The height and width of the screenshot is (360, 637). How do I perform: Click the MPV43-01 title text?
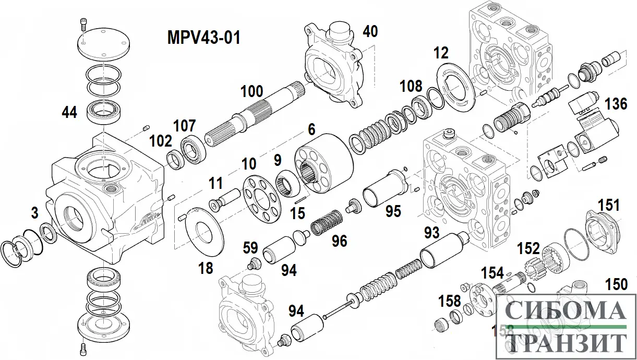(x=203, y=37)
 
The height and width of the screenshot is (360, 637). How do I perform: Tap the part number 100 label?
(x=251, y=92)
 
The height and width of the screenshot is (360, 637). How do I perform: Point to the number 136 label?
(x=616, y=104)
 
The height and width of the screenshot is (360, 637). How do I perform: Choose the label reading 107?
(x=185, y=126)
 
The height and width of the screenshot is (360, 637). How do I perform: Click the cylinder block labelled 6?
(x=324, y=157)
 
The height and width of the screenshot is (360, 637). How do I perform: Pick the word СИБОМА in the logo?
(x=566, y=311)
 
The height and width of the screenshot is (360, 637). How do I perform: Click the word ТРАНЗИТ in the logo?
(x=566, y=342)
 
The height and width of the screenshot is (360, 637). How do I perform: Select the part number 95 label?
(x=393, y=211)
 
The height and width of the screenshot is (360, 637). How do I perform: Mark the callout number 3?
(x=34, y=213)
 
